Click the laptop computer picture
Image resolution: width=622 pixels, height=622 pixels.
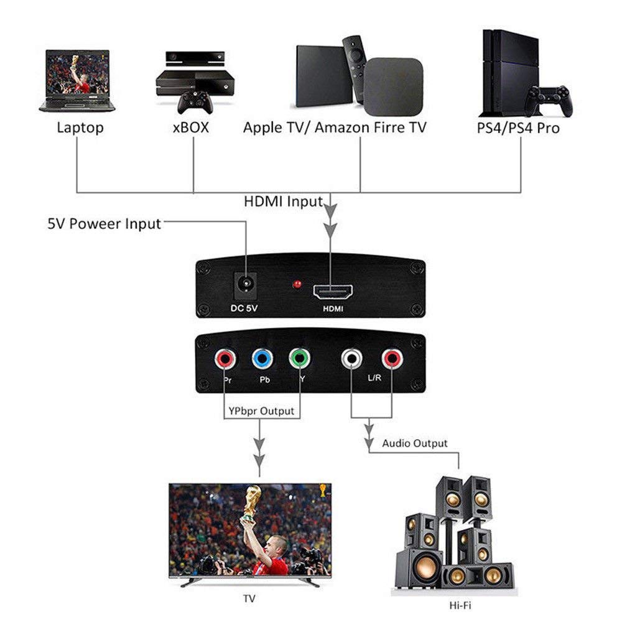(x=77, y=81)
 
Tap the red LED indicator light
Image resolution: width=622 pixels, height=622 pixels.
(x=297, y=285)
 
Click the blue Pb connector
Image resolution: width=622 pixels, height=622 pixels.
(x=262, y=359)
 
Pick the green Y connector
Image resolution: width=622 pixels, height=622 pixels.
(x=299, y=359)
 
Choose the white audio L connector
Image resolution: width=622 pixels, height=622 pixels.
(x=352, y=358)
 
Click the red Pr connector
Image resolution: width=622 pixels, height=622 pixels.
(x=223, y=359)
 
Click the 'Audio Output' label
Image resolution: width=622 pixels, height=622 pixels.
(x=414, y=443)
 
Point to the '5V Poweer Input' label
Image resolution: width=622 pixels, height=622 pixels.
(x=104, y=223)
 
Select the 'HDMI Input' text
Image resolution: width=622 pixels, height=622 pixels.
(x=283, y=202)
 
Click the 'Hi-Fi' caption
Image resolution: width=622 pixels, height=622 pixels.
(x=461, y=605)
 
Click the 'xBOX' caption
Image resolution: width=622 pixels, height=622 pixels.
(x=190, y=128)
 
